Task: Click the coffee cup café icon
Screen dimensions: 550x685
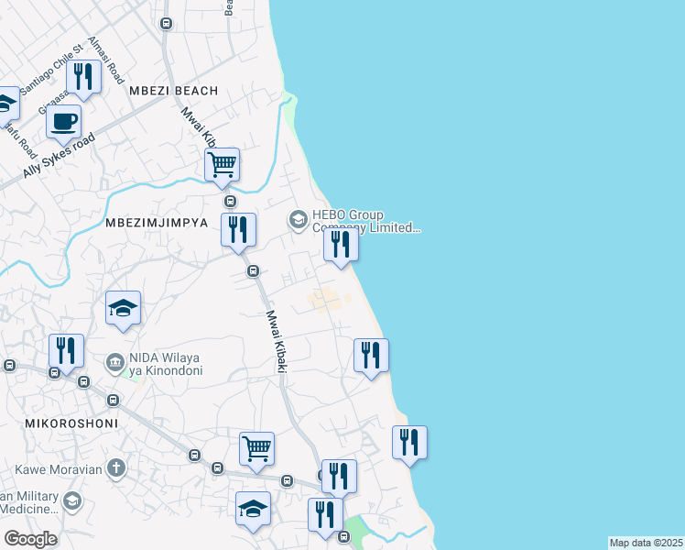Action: [63, 121]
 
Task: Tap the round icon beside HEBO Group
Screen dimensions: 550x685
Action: [298, 220]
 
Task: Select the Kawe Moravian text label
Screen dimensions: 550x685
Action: [55, 469]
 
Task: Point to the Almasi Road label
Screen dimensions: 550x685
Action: [104, 60]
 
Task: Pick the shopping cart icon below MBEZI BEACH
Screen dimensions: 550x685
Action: [222, 165]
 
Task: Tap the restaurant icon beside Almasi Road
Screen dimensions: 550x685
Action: [83, 77]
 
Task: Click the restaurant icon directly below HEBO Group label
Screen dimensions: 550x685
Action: [341, 245]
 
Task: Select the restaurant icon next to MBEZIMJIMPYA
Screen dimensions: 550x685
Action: [237, 229]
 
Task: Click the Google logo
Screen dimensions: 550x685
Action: [30, 540]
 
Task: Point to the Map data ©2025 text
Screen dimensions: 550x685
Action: [646, 543]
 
